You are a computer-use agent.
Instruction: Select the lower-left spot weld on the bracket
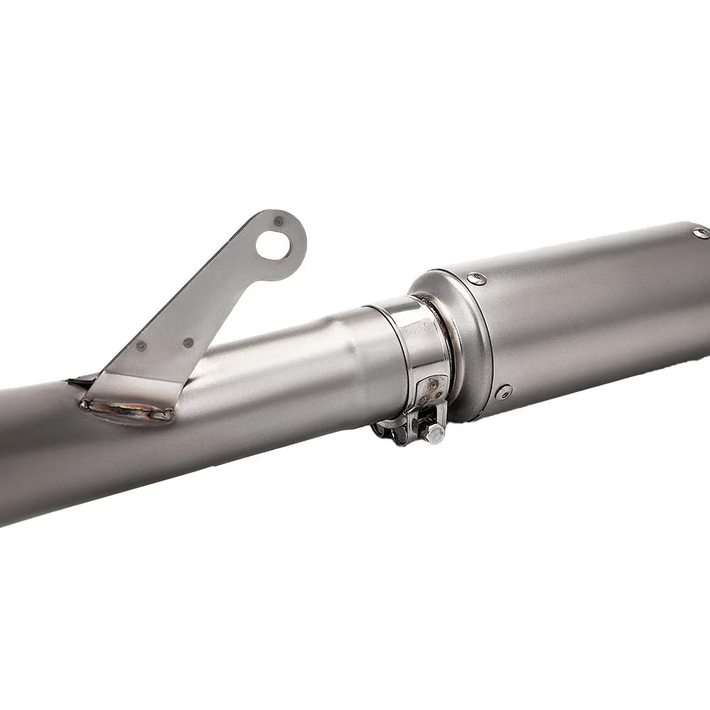[141, 346]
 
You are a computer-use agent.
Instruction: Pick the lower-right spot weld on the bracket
[188, 342]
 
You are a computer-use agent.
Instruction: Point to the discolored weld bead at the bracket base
[128, 410]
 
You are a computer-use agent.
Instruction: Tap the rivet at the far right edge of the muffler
[699, 232]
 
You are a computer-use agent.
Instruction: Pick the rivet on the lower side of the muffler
[505, 390]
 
